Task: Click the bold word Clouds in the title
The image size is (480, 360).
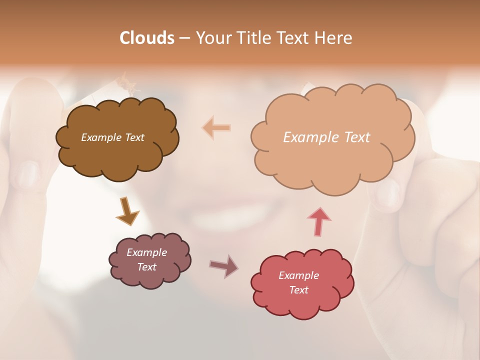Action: [x=147, y=38]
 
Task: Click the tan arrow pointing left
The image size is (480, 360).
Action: [x=216, y=128]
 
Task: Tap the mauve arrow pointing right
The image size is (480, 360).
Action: [x=223, y=265]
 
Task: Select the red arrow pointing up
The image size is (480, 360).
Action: [x=319, y=221]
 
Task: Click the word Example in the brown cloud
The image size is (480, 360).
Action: [x=101, y=137]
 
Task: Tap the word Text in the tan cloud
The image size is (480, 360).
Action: [x=357, y=137]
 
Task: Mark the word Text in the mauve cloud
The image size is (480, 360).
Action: [x=147, y=267]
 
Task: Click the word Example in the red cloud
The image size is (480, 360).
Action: [x=298, y=275]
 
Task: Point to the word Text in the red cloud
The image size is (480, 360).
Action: [x=298, y=290]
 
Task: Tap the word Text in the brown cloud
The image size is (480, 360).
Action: [x=134, y=137]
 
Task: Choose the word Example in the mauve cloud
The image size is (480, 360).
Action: [x=146, y=252]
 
